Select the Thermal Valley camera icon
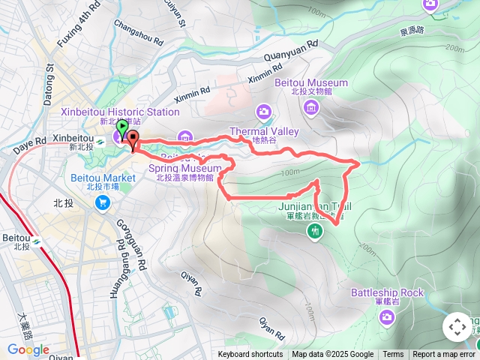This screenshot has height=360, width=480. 263,112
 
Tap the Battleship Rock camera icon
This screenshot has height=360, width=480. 387,317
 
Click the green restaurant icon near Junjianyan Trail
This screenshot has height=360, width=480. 314,232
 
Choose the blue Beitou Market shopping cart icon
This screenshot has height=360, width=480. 103,203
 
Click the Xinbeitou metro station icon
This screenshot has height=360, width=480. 99,139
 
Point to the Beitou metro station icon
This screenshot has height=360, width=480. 36,239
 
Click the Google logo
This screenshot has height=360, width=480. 28,349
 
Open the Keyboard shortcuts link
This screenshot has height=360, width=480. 250,355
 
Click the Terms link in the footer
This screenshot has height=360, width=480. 393,355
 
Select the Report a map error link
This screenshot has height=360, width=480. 444,355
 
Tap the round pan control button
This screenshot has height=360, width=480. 457,327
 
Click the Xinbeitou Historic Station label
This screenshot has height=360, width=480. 121,112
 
